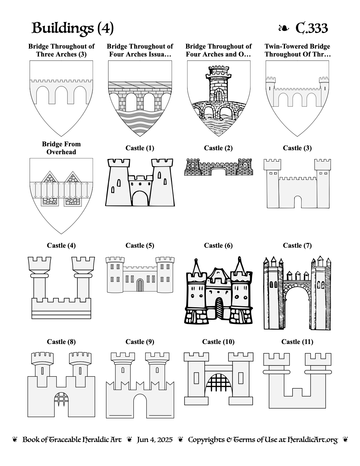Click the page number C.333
point(311,28)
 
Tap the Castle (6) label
point(218,245)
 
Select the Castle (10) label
point(218,342)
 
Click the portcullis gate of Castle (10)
point(219,385)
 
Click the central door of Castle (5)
point(140,285)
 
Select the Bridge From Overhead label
point(61,148)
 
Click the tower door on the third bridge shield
point(219,96)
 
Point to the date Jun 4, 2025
point(155,440)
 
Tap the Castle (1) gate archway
point(140,199)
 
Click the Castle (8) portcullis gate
point(61,399)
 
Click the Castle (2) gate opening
point(219,172)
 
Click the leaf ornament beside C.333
point(283,28)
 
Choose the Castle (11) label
point(297,342)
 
